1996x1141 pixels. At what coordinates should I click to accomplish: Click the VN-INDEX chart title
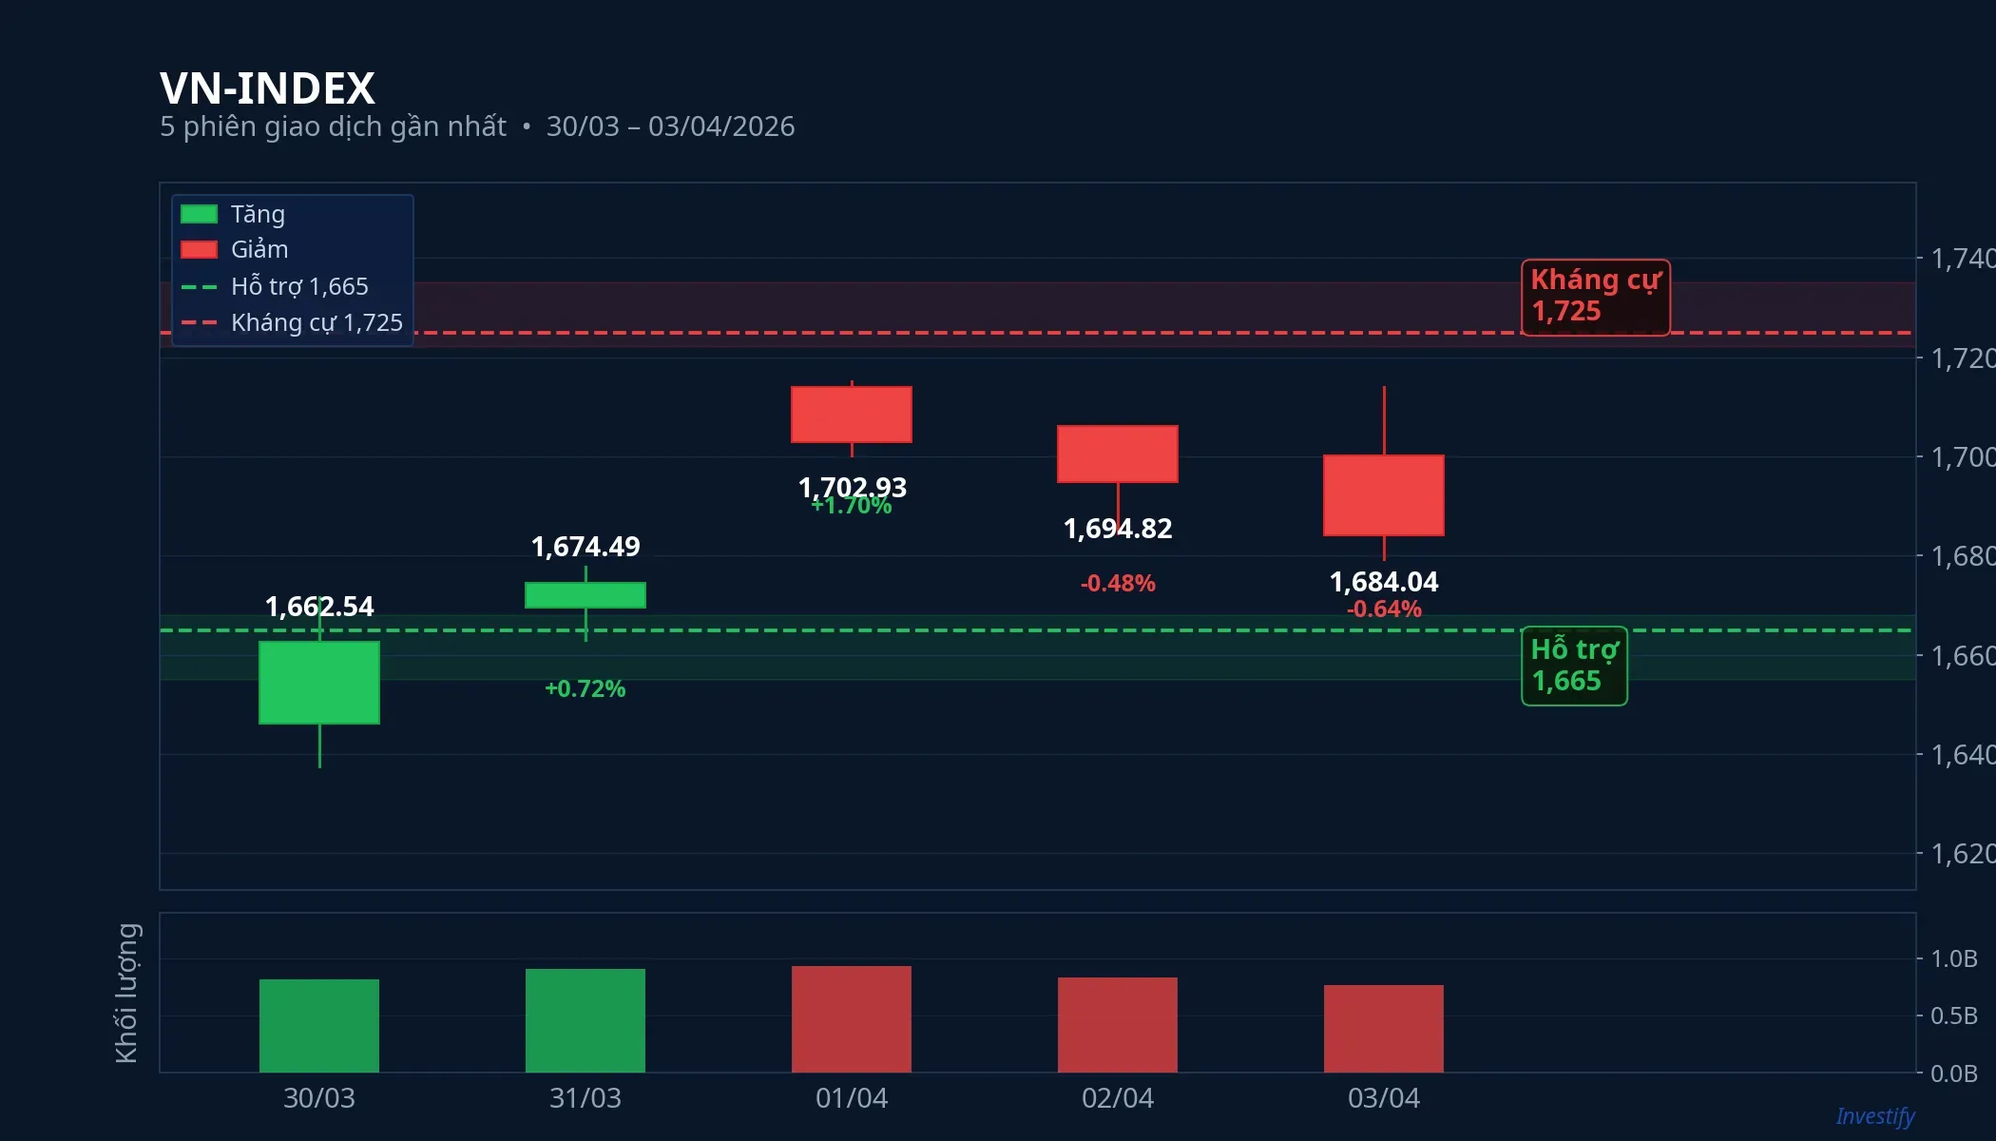267,88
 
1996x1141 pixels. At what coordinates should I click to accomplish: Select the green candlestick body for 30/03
319,683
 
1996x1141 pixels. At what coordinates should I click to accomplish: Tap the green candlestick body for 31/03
585,595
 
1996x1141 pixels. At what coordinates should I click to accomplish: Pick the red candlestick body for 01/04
852,415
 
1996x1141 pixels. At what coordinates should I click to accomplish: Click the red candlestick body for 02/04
1118,454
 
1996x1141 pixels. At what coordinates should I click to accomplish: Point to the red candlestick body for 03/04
1384,495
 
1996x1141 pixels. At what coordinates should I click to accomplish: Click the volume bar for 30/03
319,1025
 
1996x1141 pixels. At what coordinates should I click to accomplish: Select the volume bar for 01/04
852,1018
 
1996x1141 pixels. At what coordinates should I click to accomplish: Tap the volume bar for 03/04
1384,1028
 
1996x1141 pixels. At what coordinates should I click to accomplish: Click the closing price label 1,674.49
585,547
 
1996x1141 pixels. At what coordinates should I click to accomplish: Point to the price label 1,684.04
1384,581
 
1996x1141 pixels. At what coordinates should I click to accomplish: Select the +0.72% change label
585,688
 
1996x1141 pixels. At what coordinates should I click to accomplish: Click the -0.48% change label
1118,583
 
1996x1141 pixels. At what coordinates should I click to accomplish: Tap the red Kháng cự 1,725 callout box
1595,297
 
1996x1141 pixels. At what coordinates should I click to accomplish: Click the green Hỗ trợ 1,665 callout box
1574,666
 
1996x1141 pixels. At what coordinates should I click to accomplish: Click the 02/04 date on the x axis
1118,1098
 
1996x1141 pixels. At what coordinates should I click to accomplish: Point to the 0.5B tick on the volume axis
1953,1015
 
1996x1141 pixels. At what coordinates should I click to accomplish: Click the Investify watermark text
1874,1115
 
